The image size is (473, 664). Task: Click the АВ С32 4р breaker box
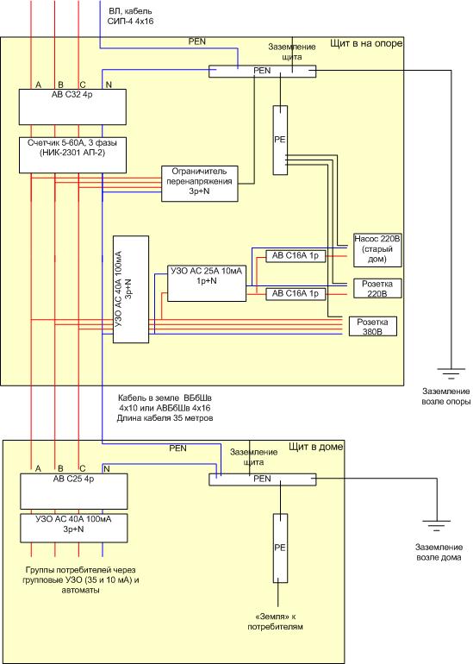click(72, 107)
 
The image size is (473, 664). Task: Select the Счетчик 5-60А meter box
click(72, 155)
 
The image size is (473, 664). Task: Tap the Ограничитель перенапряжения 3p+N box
click(200, 184)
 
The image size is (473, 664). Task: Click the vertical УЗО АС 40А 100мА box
click(131, 289)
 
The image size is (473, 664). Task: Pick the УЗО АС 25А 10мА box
click(207, 284)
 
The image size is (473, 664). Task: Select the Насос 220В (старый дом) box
click(377, 250)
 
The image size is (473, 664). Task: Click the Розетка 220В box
click(377, 288)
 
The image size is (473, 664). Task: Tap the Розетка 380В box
click(373, 327)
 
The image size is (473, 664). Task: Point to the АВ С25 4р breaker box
click(73, 492)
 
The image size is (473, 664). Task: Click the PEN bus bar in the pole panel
click(262, 71)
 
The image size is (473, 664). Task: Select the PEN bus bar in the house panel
click(262, 479)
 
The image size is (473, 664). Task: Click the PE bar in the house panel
click(280, 548)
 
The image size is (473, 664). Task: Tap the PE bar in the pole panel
click(280, 141)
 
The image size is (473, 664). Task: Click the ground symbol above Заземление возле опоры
click(451, 373)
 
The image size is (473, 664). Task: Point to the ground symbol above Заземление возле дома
click(437, 525)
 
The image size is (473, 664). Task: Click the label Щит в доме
click(315, 447)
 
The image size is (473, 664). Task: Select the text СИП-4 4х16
click(130, 21)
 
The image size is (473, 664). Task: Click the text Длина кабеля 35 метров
click(165, 418)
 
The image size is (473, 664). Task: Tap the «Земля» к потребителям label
click(276, 621)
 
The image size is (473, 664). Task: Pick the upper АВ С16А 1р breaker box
click(296, 256)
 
